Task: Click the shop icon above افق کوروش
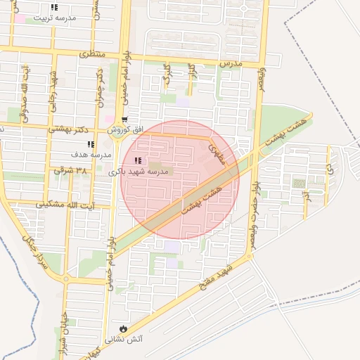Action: click(124, 120)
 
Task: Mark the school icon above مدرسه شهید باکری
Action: click(136, 161)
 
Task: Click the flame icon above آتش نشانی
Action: click(123, 328)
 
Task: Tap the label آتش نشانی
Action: click(123, 339)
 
